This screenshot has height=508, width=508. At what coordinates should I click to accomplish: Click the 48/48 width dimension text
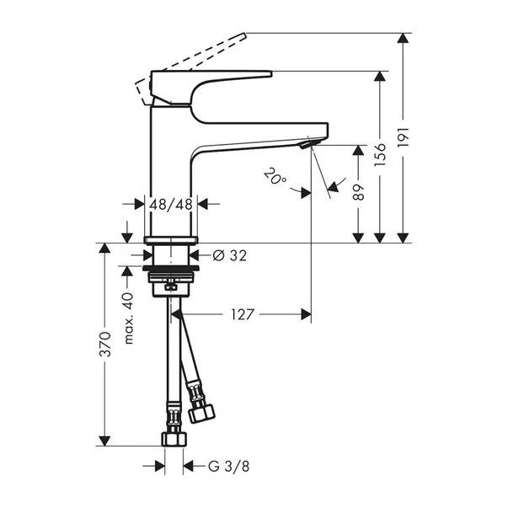click(x=172, y=204)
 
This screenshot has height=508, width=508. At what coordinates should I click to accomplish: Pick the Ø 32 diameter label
click(x=229, y=255)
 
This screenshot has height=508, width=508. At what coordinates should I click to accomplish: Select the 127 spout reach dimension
click(x=241, y=314)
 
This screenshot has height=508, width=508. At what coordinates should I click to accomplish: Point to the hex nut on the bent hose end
click(x=202, y=412)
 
